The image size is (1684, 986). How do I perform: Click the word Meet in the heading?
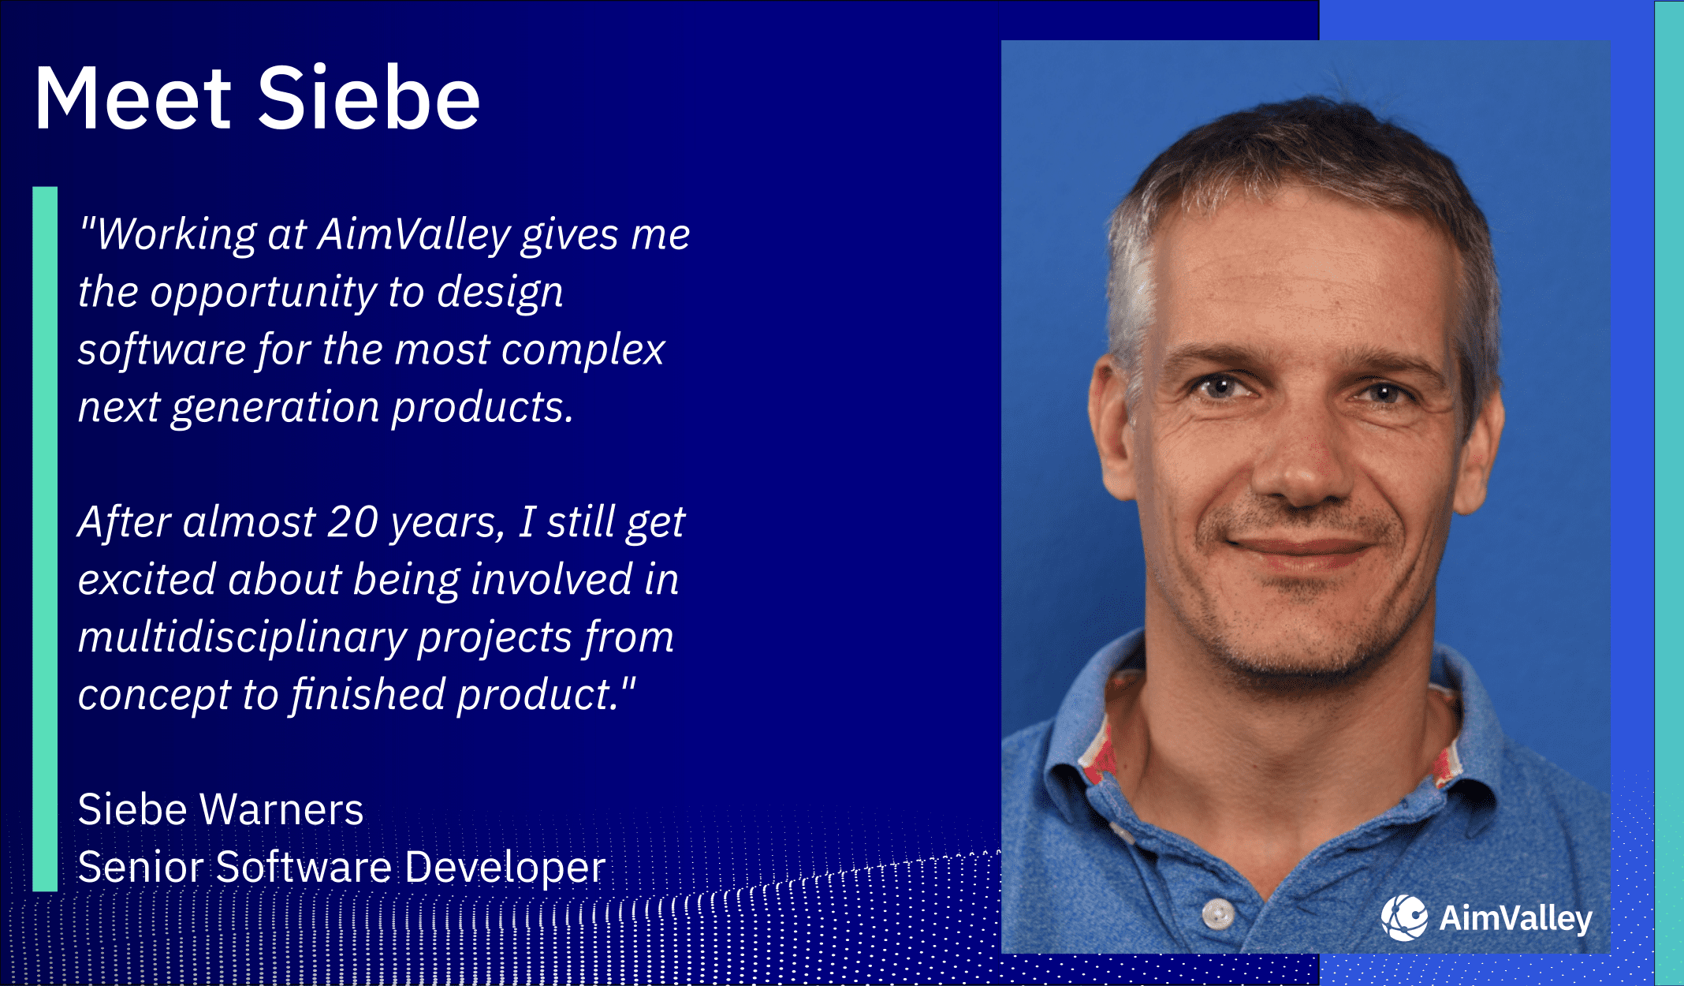(x=132, y=99)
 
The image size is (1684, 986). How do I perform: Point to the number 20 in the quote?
(x=352, y=522)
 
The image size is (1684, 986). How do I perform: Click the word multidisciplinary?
(x=242, y=637)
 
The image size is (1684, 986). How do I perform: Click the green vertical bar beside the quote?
(x=45, y=539)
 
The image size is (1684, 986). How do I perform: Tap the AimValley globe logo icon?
(x=1404, y=917)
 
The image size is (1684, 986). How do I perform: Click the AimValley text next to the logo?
(x=1515, y=919)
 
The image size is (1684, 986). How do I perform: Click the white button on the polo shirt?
(x=1218, y=913)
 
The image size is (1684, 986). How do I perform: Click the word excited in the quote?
(x=147, y=580)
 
